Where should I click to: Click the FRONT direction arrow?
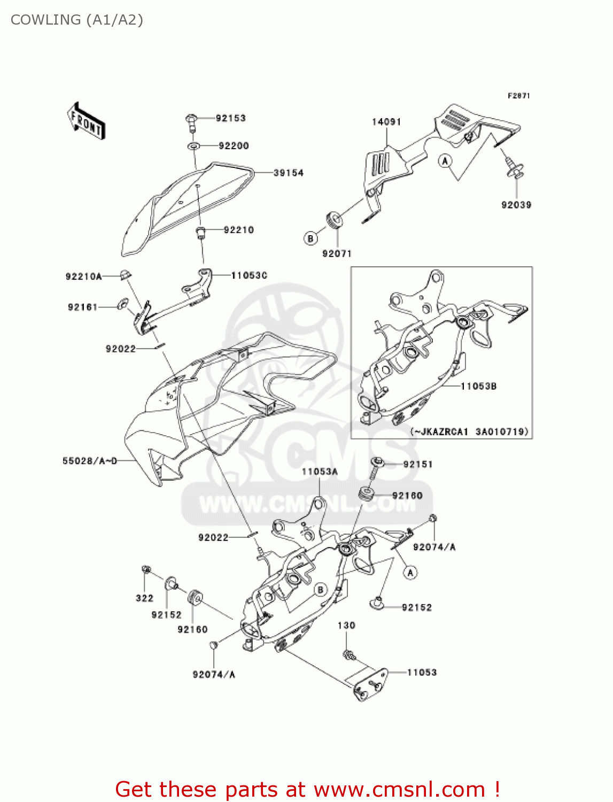pos(86,121)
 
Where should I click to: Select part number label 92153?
pos(230,118)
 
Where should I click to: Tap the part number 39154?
pos(288,173)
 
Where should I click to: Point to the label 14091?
pos(386,122)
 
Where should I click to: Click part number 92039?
pos(516,205)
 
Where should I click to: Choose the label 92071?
pos(337,253)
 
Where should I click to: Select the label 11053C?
pos(249,275)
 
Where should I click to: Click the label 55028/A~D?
pos(89,460)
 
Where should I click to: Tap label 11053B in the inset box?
pos(478,386)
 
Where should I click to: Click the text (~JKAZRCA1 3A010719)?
pos(469,431)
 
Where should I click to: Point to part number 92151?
pos(417,464)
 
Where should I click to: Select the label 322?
pos(144,598)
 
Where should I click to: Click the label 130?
pos(346,625)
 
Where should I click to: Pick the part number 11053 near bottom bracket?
pos(422,672)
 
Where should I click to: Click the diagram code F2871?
pos(518,96)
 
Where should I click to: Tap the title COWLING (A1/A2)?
pos(77,20)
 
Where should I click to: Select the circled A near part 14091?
pos(445,160)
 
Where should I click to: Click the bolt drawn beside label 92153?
pos(192,121)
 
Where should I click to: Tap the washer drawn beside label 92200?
pos(194,146)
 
